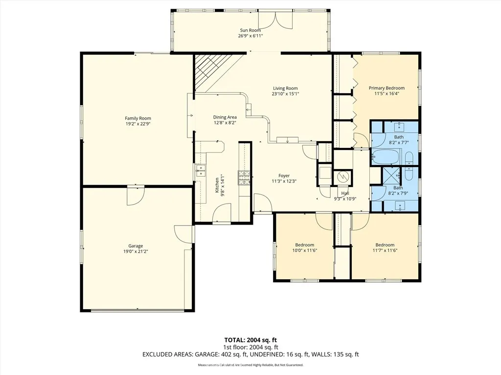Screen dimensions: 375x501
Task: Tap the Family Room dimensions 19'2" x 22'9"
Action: tap(137, 124)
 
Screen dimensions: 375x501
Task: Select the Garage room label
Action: tap(136, 246)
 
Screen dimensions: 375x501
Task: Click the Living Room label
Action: tap(285, 88)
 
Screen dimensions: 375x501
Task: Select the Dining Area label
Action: tap(225, 117)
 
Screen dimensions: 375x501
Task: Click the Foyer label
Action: tap(284, 175)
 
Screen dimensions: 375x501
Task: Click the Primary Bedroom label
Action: tap(387, 88)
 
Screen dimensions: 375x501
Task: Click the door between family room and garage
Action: tap(136, 195)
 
